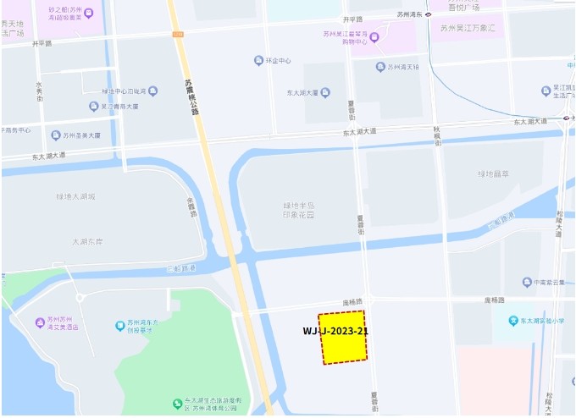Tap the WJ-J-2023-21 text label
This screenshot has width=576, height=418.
point(335,331)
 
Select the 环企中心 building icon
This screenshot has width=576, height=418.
point(258,61)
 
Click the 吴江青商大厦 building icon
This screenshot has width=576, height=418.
point(93,106)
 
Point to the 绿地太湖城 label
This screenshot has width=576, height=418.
point(76,196)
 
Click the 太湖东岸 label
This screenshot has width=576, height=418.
point(87,241)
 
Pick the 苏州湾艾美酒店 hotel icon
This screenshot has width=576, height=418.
point(40,322)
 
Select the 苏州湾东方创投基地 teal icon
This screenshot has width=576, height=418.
point(120,325)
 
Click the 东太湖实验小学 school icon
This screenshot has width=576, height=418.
point(512,321)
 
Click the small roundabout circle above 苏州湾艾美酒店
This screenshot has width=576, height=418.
point(80,298)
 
